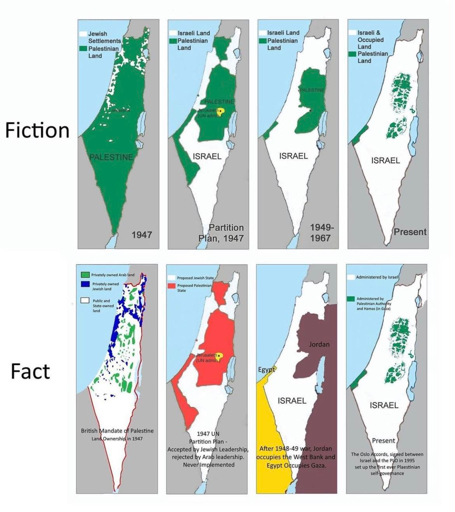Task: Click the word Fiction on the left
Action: [x=37, y=131]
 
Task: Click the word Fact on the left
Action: [x=30, y=371]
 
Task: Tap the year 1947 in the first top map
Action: [x=142, y=235]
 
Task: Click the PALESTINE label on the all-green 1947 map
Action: [x=111, y=157]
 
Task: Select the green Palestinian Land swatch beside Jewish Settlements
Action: [x=83, y=49]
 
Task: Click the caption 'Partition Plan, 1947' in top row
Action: [x=221, y=233]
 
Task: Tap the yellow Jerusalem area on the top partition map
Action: [x=220, y=111]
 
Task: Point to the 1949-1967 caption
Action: [x=321, y=232]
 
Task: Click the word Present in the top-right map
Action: [x=410, y=232]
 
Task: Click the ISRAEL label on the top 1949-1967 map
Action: [x=293, y=156]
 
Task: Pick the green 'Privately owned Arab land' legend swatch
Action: [x=85, y=275]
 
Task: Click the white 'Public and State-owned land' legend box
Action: [x=85, y=301]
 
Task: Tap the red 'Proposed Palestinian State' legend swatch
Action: [x=171, y=286]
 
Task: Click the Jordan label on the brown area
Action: [x=319, y=344]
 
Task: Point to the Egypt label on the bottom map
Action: [x=266, y=369]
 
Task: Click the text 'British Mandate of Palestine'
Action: [x=117, y=430]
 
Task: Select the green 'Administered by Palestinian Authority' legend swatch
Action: [x=351, y=299]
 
